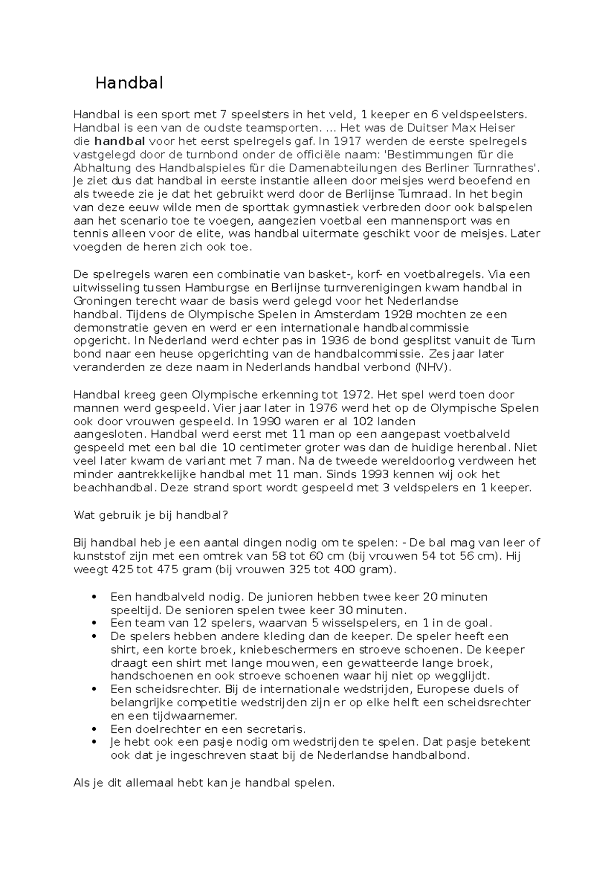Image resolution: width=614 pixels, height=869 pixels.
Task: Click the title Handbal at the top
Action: [x=129, y=83]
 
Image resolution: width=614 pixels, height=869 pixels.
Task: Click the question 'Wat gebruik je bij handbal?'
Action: [x=150, y=515]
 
